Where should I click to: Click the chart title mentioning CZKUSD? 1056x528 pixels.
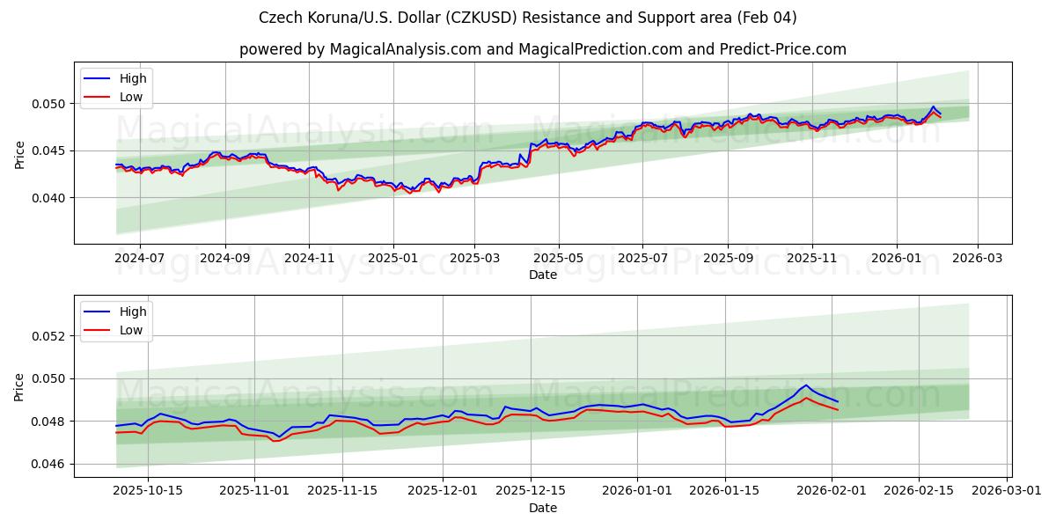[x=528, y=18]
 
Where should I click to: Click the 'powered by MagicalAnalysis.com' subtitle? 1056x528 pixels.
[x=542, y=49]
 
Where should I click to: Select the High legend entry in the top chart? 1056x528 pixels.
[x=133, y=79]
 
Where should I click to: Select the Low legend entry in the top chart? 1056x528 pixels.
[x=130, y=98]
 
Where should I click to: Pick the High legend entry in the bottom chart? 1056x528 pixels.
[x=133, y=312]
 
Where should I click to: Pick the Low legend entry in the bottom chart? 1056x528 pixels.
[x=130, y=330]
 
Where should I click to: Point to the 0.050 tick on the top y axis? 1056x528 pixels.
[x=49, y=104]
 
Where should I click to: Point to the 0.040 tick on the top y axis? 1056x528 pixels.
[x=49, y=198]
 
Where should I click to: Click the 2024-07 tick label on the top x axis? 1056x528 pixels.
[x=141, y=258]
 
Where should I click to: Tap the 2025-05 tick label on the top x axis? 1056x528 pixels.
[x=559, y=258]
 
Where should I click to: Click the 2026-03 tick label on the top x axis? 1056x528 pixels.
[x=977, y=258]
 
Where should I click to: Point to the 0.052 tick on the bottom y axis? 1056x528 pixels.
[x=49, y=336]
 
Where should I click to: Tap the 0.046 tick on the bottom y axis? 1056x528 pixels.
[x=49, y=464]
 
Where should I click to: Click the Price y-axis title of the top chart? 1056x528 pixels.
[x=19, y=154]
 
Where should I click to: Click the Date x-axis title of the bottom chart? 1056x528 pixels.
[x=542, y=508]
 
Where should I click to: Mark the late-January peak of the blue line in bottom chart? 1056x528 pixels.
[x=806, y=385]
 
